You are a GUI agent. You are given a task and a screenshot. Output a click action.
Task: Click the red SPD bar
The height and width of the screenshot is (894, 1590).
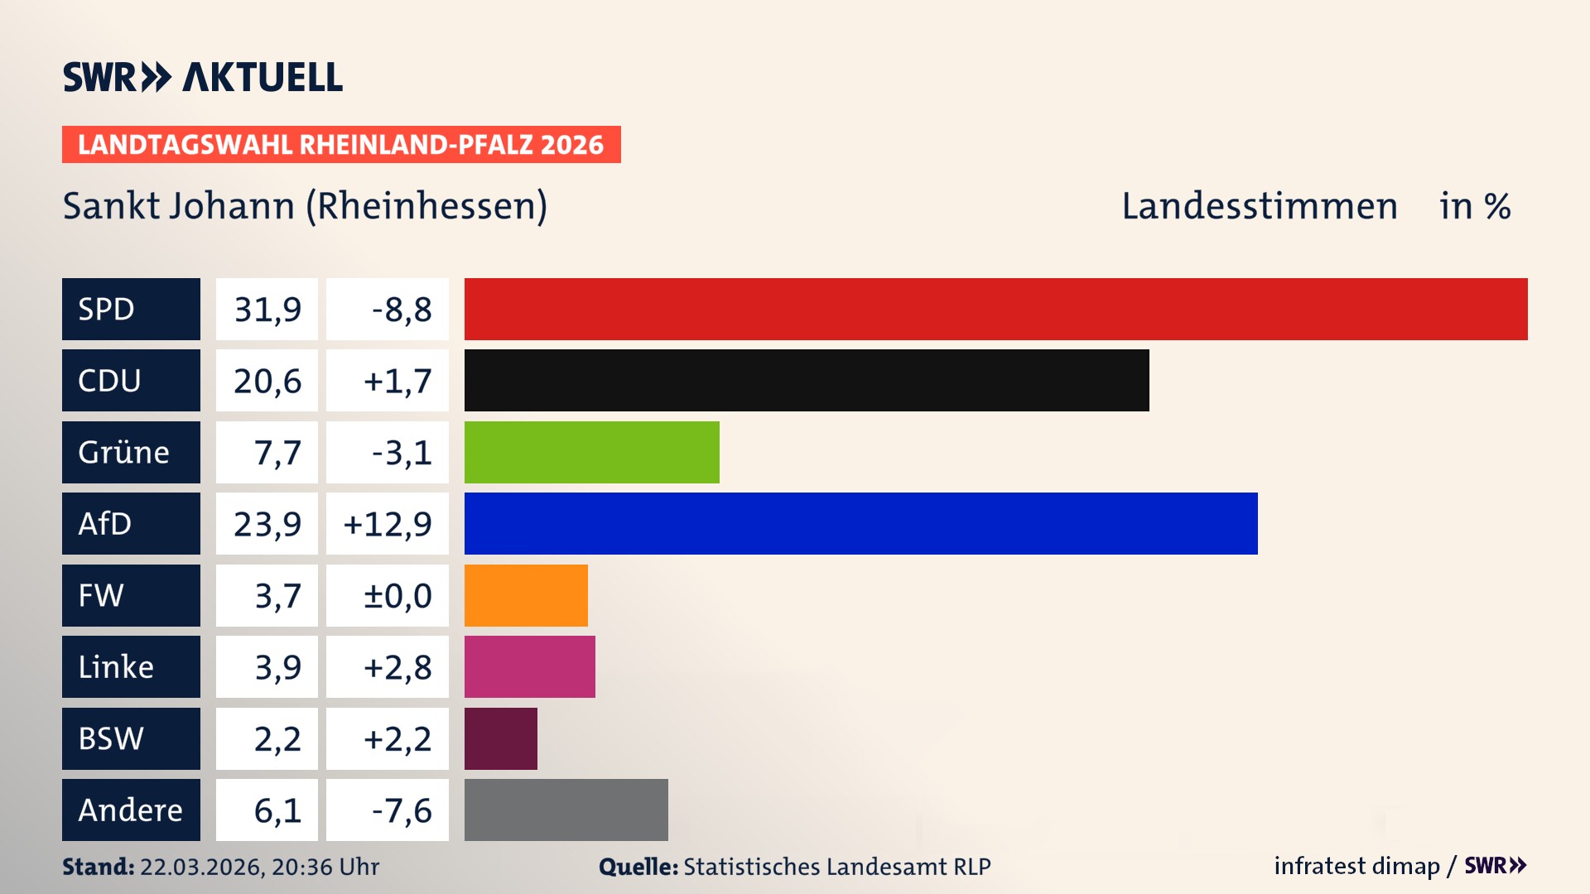[x=995, y=309]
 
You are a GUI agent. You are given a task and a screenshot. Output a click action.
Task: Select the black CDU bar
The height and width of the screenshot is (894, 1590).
[x=807, y=381]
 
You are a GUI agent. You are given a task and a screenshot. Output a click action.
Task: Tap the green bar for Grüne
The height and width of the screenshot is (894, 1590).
[x=591, y=452]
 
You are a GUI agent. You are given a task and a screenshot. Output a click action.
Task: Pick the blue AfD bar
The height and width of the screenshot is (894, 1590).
[x=860, y=523]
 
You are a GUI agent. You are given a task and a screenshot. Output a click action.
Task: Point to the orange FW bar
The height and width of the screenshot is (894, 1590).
[x=526, y=595]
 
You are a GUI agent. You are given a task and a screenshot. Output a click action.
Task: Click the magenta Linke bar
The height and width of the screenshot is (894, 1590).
[x=529, y=666]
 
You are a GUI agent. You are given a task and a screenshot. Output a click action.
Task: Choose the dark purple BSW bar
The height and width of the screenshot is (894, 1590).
[x=500, y=738]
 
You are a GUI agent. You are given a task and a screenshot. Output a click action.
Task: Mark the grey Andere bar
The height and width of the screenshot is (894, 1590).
[x=566, y=810]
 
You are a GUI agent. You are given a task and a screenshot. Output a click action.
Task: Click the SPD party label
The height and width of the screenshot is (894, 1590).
[x=131, y=309]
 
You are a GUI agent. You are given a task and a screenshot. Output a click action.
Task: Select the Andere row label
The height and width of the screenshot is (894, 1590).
[x=131, y=810]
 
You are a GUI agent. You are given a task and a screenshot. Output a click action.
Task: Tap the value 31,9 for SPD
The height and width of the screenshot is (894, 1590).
[x=267, y=309]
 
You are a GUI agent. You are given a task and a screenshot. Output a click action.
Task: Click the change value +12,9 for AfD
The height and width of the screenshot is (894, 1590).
[x=387, y=523]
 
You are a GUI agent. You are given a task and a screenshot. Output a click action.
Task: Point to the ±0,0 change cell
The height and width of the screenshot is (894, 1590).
[x=387, y=595]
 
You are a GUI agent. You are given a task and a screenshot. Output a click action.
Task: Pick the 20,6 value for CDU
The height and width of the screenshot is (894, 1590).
[x=267, y=381]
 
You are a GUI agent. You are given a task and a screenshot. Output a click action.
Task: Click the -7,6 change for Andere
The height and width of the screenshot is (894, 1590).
[x=387, y=810]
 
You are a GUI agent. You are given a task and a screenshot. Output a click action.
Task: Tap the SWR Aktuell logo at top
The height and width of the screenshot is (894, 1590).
[x=202, y=77]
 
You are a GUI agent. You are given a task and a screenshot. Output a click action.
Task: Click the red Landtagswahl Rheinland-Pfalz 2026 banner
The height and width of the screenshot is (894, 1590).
[x=340, y=144]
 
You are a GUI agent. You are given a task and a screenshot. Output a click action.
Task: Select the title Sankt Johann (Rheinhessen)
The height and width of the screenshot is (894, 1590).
[x=305, y=205]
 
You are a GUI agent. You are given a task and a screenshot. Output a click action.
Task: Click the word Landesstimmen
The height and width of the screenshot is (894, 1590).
[x=1259, y=205]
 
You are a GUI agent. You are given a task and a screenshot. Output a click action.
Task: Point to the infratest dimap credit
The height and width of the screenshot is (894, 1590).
[x=1356, y=866]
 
